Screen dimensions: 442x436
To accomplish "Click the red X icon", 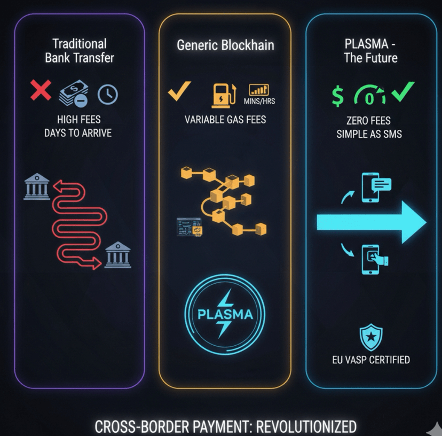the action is tap(41, 91).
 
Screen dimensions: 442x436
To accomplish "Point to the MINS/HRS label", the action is tap(260, 100).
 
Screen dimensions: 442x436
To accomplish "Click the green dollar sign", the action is tap(338, 95).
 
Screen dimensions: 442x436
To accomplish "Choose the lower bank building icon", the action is tap(118, 255).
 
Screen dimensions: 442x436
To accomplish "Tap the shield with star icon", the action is tap(370, 337).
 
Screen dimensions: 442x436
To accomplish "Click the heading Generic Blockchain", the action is tap(225, 45).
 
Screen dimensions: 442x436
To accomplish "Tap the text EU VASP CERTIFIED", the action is tap(370, 359).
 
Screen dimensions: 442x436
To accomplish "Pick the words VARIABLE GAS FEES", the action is tap(225, 119).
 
